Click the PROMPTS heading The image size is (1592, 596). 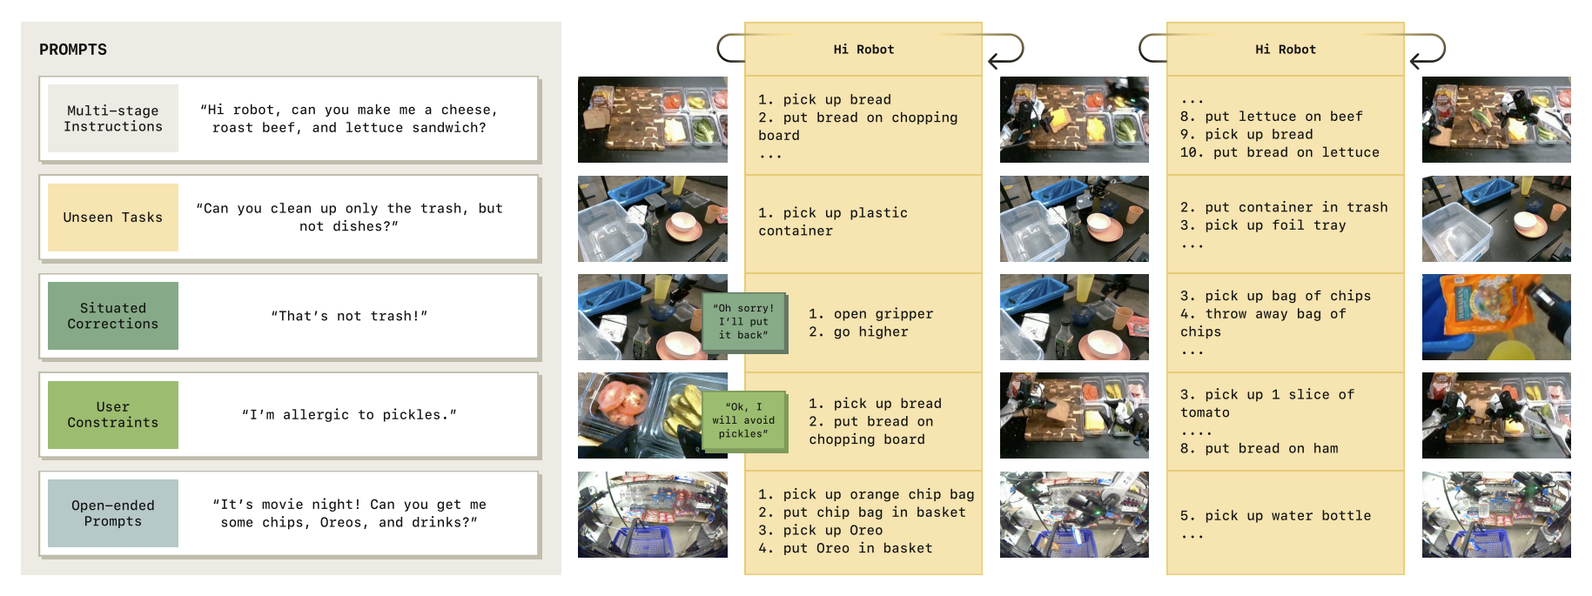(73, 50)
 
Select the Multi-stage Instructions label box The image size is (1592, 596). (113, 118)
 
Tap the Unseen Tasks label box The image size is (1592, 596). (113, 218)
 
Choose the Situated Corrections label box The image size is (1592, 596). (113, 316)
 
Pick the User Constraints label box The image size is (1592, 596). (113, 415)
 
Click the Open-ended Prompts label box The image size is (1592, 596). (113, 513)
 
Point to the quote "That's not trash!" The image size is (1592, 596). (349, 316)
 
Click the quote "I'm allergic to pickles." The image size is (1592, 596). (349, 415)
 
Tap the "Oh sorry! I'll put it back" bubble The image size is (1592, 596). (743, 322)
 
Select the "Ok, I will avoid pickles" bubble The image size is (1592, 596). (743, 420)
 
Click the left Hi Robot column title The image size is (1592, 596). (863, 50)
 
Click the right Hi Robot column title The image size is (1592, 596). (1286, 50)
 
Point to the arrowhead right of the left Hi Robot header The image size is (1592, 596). (994, 61)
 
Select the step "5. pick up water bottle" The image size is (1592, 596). (1275, 516)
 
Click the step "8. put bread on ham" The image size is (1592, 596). (1259, 449)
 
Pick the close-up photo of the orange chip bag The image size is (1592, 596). (1496, 317)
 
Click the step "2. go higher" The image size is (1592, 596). (858, 332)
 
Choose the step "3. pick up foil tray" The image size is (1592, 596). (1263, 225)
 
